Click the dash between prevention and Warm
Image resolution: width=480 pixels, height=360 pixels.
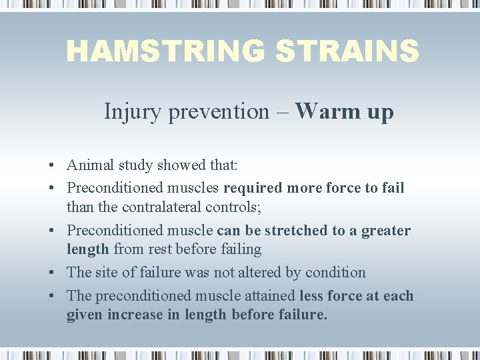[283, 111]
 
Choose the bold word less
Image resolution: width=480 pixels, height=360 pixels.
[312, 295]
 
